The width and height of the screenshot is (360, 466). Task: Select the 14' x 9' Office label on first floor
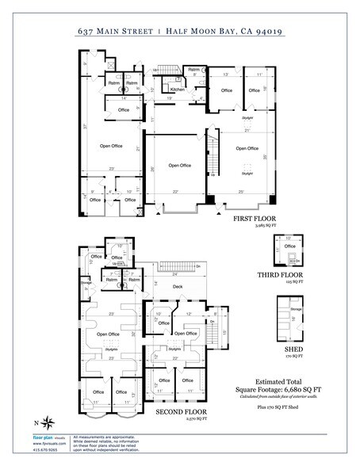pos(123,108)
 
